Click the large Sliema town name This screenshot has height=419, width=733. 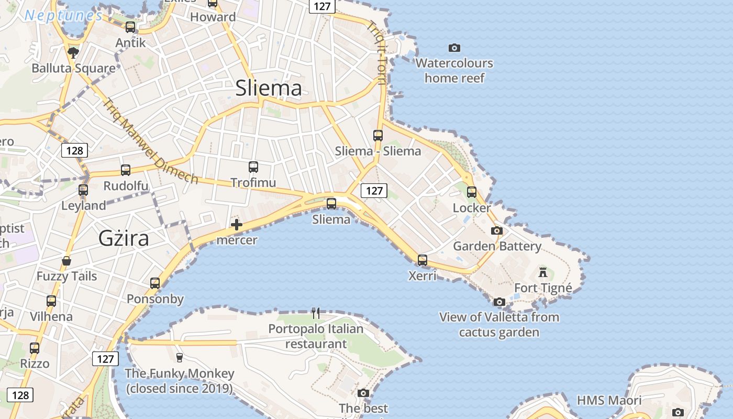pos(269,88)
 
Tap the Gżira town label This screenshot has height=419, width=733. pos(124,238)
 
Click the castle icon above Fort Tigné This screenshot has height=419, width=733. pos(543,272)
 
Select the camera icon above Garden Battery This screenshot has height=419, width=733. pos(497,230)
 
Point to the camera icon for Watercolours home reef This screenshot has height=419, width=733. pos(454,48)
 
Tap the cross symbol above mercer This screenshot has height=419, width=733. pos(237,225)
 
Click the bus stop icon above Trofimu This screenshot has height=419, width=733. pos(253,167)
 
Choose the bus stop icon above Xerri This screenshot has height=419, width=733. pos(423,260)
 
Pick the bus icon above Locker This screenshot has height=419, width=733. pos(472,192)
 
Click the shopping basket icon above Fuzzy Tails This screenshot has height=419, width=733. pos(66,261)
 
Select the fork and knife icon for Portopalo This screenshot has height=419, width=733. pos(316,313)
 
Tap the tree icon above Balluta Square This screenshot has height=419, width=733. pos(73,52)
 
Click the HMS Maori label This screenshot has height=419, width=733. pos(609,401)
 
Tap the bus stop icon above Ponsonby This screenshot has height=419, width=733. pos(155,283)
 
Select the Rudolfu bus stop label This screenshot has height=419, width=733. pos(126,186)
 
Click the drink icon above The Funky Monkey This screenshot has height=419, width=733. pos(180,358)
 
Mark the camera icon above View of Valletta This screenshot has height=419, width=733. pos(499,302)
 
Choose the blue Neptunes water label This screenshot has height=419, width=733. pos(63,16)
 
